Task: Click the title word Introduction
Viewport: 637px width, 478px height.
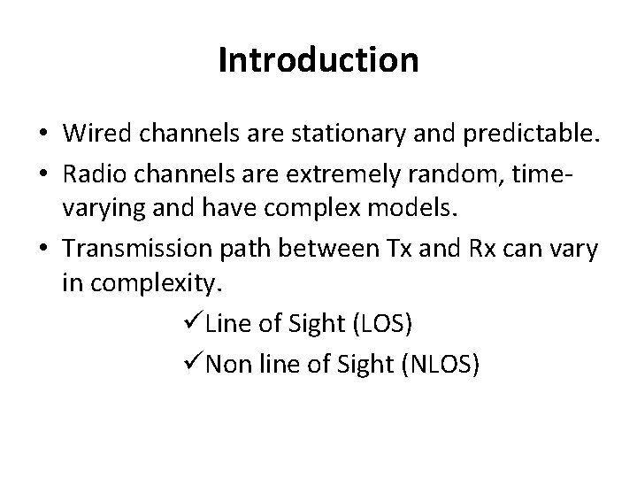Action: tap(318, 60)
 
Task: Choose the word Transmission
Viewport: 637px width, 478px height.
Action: tap(134, 248)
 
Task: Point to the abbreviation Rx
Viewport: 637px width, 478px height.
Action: tap(464, 248)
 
